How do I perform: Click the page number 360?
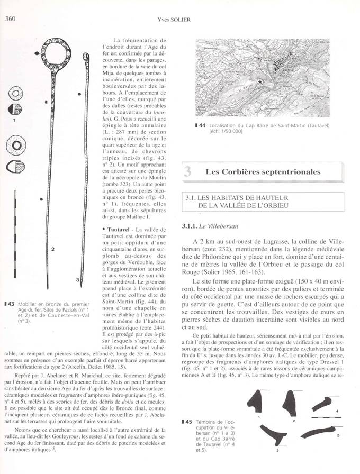pyautogui.click(x=10, y=20)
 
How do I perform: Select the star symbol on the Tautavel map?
pyautogui.click(x=260, y=83)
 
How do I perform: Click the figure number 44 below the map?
pyautogui.click(x=203, y=126)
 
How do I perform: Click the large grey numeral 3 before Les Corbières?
pyautogui.click(x=187, y=172)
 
